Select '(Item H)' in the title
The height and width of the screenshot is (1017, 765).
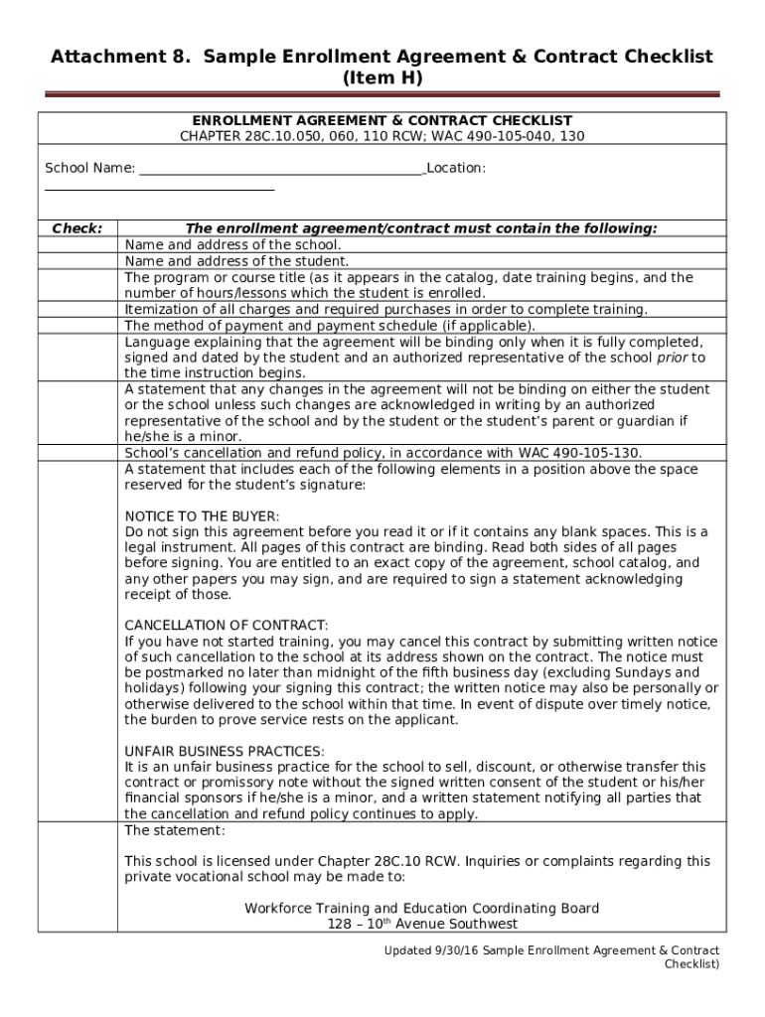pyautogui.click(x=382, y=77)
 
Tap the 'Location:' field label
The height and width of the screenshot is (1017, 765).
pyautogui.click(x=456, y=168)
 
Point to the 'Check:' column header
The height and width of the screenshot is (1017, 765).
pyautogui.click(x=76, y=228)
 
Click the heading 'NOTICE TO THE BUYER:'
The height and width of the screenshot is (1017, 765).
pyautogui.click(x=202, y=516)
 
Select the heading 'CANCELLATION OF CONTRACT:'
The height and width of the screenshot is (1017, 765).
pyautogui.click(x=226, y=625)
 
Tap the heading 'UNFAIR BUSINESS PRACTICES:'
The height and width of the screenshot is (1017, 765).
pyautogui.click(x=225, y=751)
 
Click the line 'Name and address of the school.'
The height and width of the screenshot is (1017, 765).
pyautogui.click(x=232, y=244)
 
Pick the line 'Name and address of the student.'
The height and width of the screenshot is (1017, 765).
pyautogui.click(x=236, y=260)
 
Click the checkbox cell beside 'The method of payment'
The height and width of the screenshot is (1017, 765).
pyautogui.click(x=77, y=325)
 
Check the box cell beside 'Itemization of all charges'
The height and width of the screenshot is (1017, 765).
pyautogui.click(x=77, y=309)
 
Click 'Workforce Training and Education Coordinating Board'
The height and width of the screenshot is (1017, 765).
pyautogui.click(x=422, y=908)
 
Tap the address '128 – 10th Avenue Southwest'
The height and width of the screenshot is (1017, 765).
pyautogui.click(x=422, y=924)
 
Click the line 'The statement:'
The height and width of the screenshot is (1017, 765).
pyautogui.click(x=175, y=829)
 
